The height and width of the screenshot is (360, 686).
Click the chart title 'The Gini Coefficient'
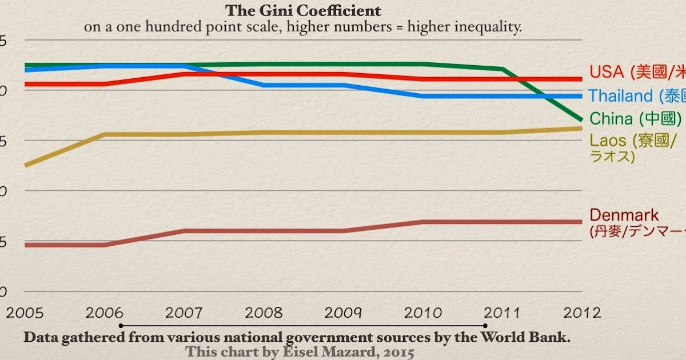(x=303, y=11)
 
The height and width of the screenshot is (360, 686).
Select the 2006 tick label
(x=105, y=313)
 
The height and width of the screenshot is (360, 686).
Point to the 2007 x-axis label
(x=185, y=313)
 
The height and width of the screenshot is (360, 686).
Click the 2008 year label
(x=264, y=313)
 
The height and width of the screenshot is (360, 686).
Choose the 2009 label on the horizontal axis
(x=344, y=313)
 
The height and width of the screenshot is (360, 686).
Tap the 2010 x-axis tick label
(x=423, y=313)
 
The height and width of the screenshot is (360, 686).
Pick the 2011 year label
(x=502, y=313)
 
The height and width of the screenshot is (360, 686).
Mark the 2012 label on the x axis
(x=581, y=313)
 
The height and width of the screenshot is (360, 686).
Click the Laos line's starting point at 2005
(x=27, y=165)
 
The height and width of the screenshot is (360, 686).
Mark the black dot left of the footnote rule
(x=121, y=326)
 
